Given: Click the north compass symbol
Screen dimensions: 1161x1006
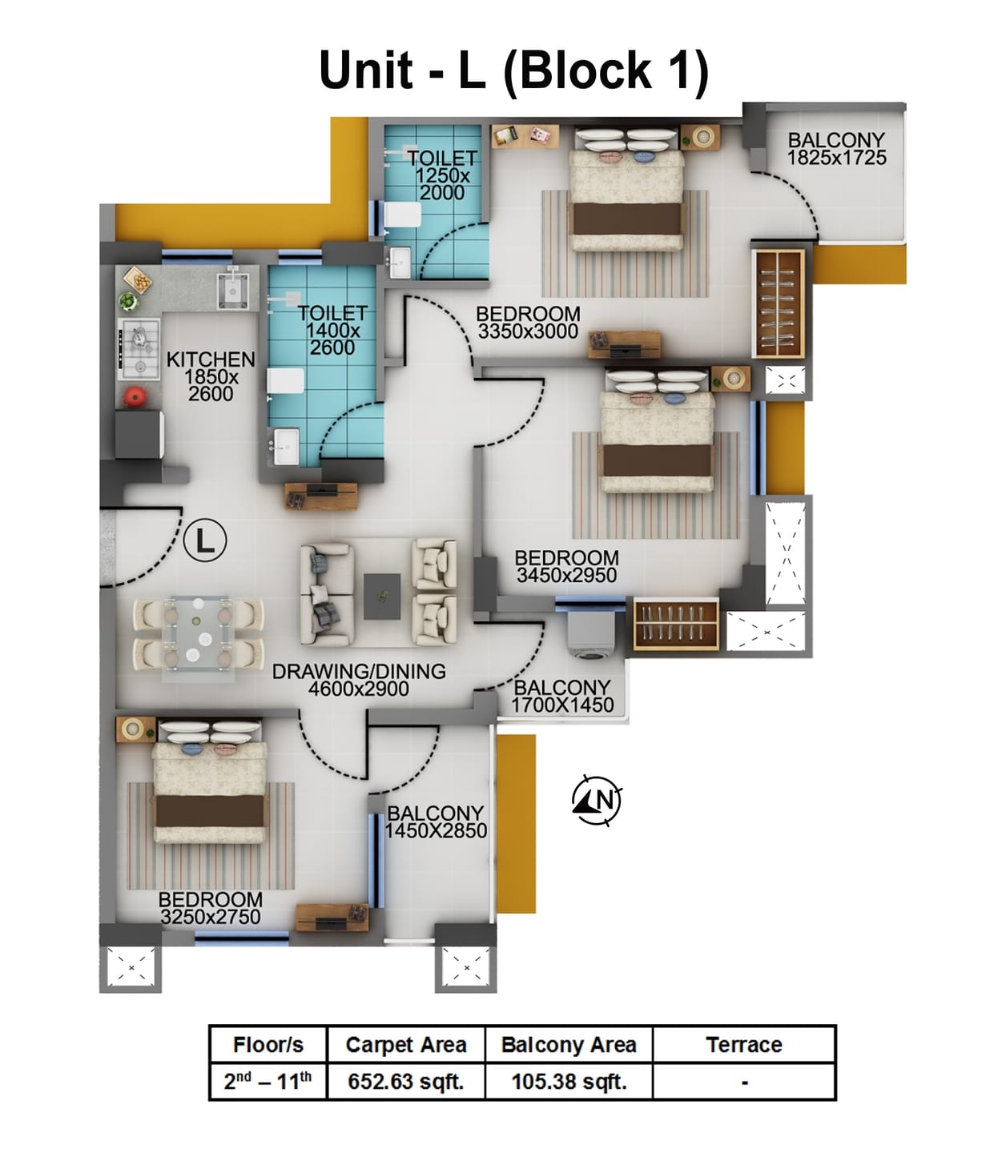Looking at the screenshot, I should (598, 800).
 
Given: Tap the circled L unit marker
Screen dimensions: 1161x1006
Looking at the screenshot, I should (205, 541).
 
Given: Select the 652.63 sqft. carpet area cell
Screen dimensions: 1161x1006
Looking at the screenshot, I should (406, 1082).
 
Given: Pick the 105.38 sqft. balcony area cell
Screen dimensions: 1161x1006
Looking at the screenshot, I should (569, 1082).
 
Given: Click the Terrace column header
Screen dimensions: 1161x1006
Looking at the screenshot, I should (743, 1045).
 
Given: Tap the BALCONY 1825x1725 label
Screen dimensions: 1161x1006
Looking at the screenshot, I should (836, 149).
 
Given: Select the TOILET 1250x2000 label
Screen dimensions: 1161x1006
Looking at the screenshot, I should (441, 175).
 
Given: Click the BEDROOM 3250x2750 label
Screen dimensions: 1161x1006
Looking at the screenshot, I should (211, 908).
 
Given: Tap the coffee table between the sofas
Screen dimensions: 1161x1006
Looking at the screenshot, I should (382, 596).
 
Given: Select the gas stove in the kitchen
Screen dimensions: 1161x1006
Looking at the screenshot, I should (139, 349).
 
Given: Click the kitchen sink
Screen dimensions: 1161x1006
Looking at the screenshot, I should (233, 289).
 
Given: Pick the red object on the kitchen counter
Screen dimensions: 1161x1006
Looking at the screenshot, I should (135, 396).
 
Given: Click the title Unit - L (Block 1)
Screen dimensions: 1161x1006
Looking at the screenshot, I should (513, 70).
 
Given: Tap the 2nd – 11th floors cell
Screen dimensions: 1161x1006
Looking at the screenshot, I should (268, 1082).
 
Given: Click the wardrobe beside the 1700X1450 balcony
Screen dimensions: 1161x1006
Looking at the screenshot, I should (676, 624).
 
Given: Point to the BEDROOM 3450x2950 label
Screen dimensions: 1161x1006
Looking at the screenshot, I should (566, 566).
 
